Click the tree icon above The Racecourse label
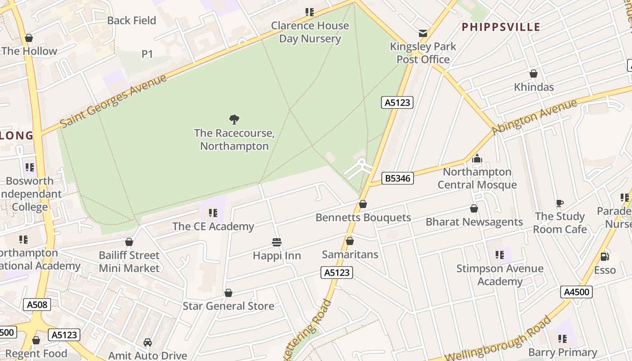point(234,120)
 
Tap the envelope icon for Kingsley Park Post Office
point(423,33)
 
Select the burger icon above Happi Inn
point(277,242)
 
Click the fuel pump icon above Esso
point(604,256)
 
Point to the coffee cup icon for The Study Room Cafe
point(560,203)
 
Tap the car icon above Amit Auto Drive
point(147,342)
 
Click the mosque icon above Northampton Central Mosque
point(477,159)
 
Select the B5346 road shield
point(397,178)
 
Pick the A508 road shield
point(37,305)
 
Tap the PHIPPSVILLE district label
point(501,27)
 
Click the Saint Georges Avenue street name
point(113,100)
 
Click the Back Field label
point(132,20)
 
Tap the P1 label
point(147,54)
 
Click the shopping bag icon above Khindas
point(533,74)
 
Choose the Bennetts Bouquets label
point(363,218)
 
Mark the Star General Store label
point(228,306)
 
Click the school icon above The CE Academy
point(213,213)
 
